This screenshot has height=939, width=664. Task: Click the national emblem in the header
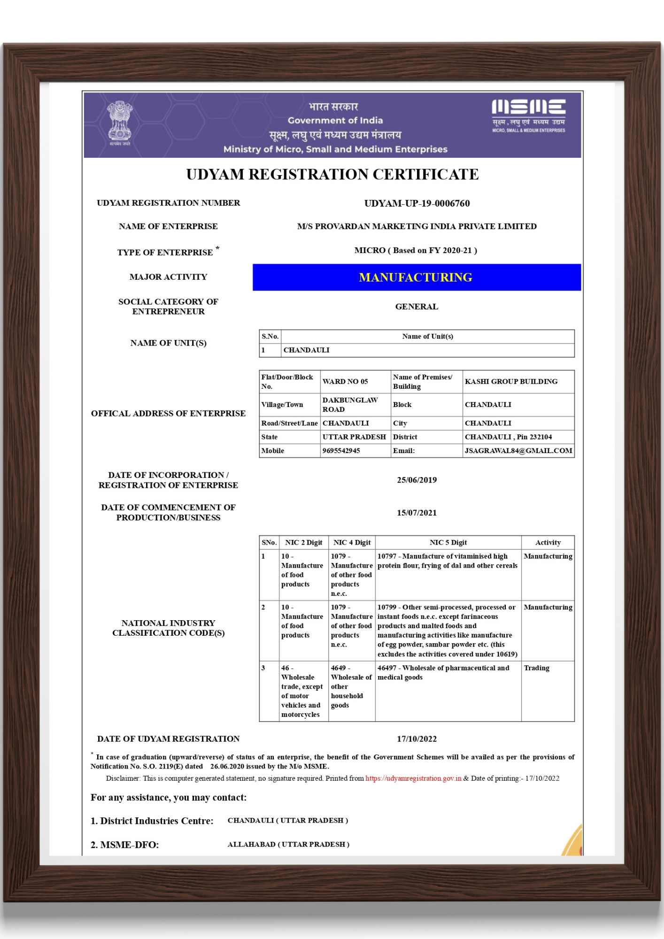pos(120,123)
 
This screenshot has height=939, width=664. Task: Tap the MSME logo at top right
pos(528,115)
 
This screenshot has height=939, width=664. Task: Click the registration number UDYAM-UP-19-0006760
pos(417,203)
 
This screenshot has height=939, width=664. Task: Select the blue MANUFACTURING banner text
pos(416,277)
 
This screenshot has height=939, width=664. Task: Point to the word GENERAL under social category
pos(417,307)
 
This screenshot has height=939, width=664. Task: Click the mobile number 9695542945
pos(341,451)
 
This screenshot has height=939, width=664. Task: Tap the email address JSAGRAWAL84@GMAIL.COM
pos(518,451)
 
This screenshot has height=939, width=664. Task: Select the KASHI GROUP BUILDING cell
pos(511,382)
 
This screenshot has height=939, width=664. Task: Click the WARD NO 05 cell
pos(345,382)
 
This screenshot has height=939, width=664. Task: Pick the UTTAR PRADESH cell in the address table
pos(354,437)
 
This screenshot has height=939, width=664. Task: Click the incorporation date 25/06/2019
pos(417,480)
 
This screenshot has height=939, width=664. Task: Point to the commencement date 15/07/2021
pos(417,513)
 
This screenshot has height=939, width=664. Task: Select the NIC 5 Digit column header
pos(448,543)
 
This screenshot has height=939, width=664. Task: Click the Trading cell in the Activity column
pos(536,668)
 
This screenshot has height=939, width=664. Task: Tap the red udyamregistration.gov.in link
pos(413,778)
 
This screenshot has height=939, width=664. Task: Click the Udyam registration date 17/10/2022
pos(417,739)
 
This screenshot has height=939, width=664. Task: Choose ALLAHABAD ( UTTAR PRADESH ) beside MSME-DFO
pos(288,844)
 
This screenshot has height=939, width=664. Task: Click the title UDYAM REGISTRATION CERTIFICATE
pos(332,175)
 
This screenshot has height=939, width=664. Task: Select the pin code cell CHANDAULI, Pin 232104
pos(508,437)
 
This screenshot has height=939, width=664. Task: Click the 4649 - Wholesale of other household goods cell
pos(351,686)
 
